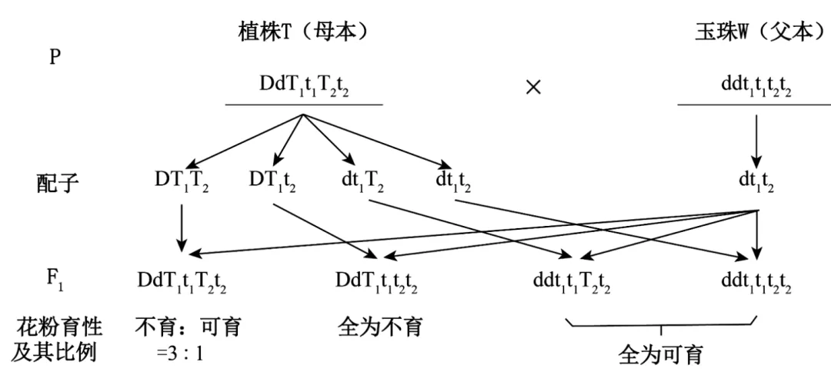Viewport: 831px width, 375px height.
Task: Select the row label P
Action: (55, 58)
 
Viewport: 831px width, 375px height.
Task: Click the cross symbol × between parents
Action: (532, 86)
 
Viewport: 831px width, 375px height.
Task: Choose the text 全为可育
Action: (660, 355)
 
